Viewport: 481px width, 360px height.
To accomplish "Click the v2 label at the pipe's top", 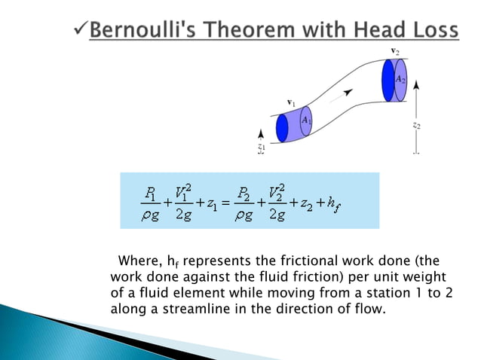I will (x=395, y=51).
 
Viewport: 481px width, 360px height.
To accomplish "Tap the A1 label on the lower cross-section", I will (x=306, y=120).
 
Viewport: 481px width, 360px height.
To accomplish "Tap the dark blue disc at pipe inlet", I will (x=283, y=128).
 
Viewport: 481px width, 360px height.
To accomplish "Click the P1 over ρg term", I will (x=149, y=201).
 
